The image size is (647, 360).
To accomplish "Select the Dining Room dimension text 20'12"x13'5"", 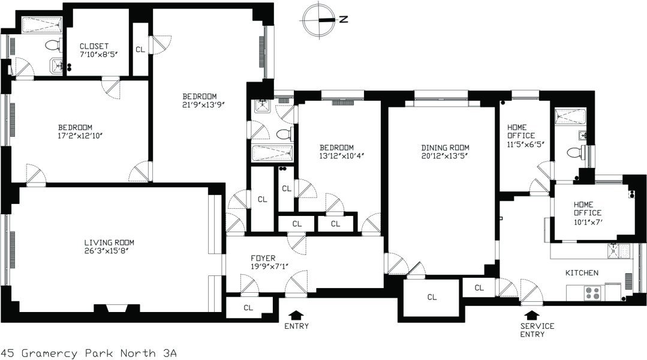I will click(x=444, y=157).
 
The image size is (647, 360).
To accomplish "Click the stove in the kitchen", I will click(x=592, y=293).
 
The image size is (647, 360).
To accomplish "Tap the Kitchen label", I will click(x=582, y=273).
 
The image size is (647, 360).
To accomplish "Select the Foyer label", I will click(x=263, y=259).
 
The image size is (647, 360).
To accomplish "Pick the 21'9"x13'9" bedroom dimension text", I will click(x=200, y=105).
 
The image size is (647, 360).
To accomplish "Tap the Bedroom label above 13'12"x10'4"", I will click(x=336, y=148).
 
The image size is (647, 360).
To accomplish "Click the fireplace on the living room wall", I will click(x=117, y=308).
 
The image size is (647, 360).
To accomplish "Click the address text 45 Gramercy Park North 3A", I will click(x=89, y=353).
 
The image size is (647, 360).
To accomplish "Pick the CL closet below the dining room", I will click(x=432, y=296).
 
